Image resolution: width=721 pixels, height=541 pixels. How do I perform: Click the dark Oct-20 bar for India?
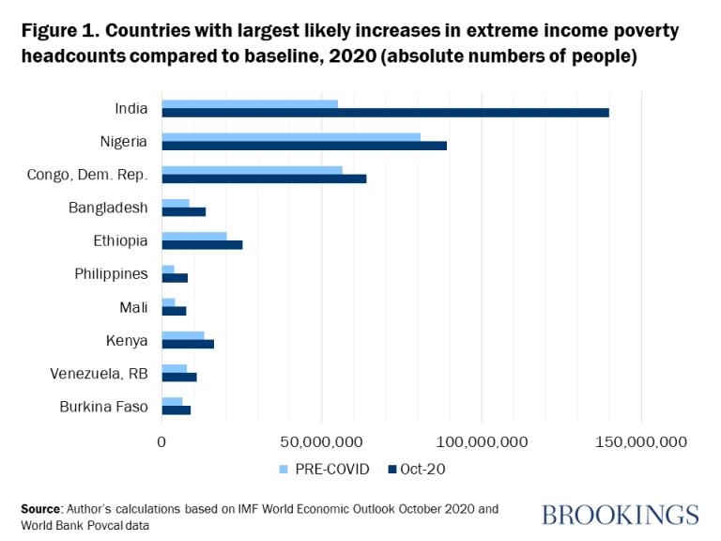(x=385, y=113)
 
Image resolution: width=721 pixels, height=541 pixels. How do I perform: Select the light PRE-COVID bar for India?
(x=250, y=103)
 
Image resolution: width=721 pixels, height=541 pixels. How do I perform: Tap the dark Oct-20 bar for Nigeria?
(x=304, y=146)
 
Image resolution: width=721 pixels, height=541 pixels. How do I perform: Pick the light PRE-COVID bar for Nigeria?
(x=291, y=136)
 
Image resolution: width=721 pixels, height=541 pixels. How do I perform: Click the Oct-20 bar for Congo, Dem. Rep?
(x=264, y=178)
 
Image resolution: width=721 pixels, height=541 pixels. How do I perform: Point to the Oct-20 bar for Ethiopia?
(x=202, y=244)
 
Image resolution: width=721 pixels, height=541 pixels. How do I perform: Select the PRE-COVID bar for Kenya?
(x=183, y=334)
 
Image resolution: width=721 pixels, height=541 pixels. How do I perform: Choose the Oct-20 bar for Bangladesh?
(x=184, y=211)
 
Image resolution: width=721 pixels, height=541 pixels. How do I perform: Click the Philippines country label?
(x=111, y=273)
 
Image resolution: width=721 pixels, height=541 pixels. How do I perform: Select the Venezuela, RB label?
(x=99, y=373)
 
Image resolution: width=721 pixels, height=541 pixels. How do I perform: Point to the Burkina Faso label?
(x=102, y=406)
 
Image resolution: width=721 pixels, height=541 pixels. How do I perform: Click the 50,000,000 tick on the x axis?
(x=321, y=441)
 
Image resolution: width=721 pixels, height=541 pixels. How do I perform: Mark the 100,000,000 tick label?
(x=481, y=441)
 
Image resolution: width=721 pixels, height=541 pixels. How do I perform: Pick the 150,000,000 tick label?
(x=641, y=441)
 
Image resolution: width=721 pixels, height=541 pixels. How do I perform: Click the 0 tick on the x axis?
(x=161, y=441)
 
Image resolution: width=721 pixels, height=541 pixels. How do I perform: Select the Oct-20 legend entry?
(x=416, y=469)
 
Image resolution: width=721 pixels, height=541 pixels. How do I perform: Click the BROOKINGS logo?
(x=620, y=514)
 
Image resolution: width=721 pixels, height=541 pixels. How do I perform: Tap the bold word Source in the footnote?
(x=41, y=508)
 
